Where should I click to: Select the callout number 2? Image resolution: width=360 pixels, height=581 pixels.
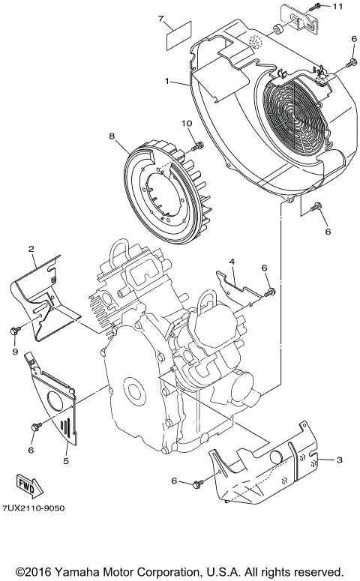31,249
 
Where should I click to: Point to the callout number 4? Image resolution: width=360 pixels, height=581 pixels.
232,262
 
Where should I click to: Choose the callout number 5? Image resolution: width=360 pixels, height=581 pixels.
65,460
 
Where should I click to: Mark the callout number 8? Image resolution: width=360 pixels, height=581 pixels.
112,136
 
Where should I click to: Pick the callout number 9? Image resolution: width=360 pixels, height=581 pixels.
13,349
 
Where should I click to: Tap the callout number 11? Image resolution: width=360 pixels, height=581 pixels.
337,7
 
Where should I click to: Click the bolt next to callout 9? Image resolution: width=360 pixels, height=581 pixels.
16,330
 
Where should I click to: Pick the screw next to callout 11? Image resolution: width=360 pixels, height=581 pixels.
318,7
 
